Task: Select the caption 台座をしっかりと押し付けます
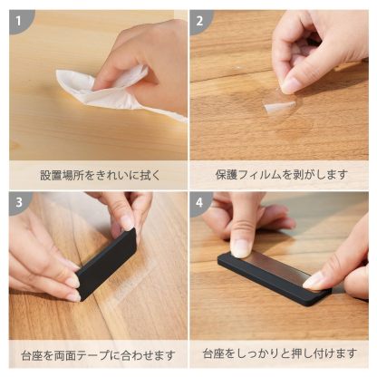tap(280, 353)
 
